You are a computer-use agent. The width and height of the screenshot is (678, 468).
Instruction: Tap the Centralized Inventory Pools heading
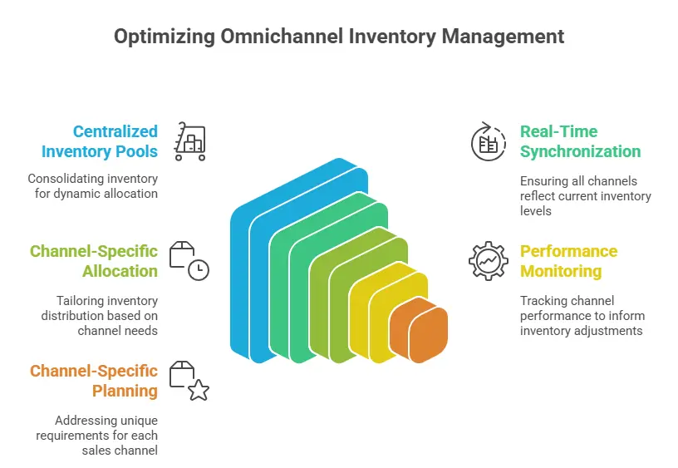(x=100, y=141)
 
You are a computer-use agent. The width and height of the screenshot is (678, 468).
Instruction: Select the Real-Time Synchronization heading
(x=580, y=141)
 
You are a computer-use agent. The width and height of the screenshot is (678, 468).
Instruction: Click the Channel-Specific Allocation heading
(x=94, y=261)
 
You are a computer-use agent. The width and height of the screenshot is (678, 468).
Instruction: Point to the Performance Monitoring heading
(x=568, y=261)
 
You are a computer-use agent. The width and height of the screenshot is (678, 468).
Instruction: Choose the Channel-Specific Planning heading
(x=94, y=381)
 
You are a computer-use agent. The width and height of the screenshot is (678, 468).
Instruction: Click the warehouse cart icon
(x=190, y=140)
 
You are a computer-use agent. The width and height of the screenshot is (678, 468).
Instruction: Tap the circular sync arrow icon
(x=488, y=141)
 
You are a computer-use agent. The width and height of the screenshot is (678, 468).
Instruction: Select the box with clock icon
(x=189, y=260)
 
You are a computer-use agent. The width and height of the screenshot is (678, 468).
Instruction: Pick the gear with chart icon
(x=488, y=260)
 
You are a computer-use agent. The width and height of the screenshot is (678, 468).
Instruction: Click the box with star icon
(x=189, y=380)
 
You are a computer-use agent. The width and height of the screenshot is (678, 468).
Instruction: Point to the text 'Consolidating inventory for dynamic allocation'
(x=93, y=185)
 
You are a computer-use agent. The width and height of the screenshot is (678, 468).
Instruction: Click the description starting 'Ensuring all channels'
(x=585, y=195)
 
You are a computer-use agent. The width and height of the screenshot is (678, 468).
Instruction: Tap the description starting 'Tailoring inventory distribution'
(x=100, y=315)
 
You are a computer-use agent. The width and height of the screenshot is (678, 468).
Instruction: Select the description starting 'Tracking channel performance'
(x=582, y=315)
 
